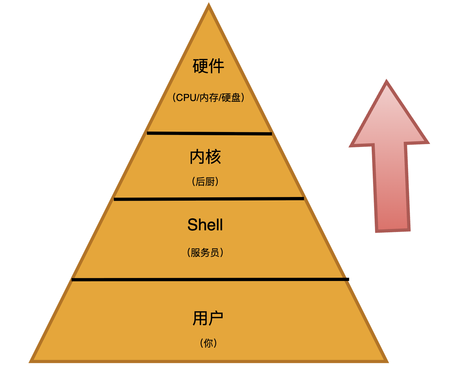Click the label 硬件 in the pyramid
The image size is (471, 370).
(209, 66)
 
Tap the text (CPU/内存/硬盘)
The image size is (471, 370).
(209, 97)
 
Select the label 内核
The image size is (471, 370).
(205, 157)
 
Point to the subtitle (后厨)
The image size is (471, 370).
(205, 182)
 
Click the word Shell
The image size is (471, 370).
(205, 225)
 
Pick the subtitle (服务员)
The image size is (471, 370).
(205, 252)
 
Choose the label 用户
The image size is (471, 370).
(208, 318)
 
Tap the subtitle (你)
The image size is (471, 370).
(209, 343)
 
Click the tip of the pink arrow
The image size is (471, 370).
(386, 82)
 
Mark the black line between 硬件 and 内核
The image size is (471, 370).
(209, 133)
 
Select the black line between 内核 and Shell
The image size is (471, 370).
(209, 199)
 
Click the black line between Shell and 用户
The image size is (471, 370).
(210, 279)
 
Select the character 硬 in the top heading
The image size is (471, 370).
(201, 66)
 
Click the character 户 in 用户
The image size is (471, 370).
(216, 318)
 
